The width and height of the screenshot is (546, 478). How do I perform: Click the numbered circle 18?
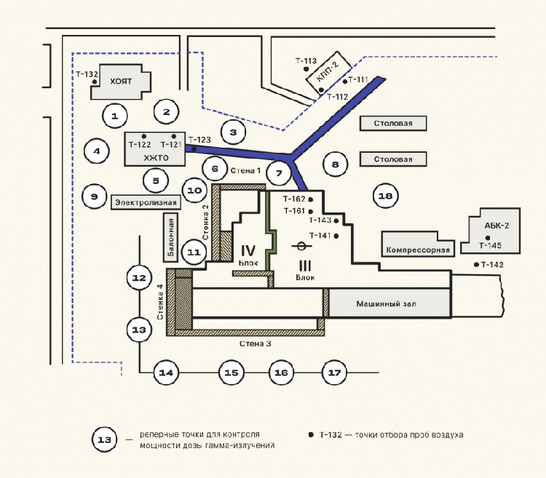[386, 195]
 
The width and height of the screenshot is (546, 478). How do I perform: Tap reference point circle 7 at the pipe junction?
[279, 174]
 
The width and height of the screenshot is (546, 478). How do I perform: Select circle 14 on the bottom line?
[166, 373]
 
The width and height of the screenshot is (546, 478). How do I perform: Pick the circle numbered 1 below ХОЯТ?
[114, 114]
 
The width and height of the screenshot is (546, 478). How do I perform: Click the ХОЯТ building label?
[121, 82]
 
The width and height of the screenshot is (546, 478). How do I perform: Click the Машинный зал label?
[385, 303]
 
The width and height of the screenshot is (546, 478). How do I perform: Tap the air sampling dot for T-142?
[476, 264]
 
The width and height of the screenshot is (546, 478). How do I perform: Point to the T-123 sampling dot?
[194, 148]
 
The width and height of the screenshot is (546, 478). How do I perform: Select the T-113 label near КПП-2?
[306, 61]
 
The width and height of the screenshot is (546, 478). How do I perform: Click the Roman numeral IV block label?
[248, 250]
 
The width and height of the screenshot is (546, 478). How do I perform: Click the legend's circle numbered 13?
[105, 439]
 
